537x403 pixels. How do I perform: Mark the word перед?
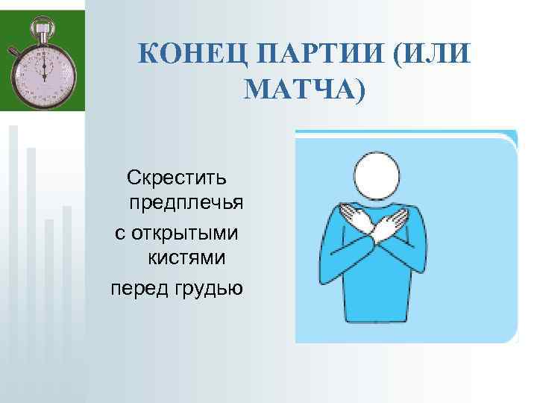coord(138,287)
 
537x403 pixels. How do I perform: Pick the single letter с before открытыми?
coord(118,233)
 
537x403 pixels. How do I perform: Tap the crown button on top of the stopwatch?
coord(43,29)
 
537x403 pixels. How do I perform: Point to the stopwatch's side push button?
coord(13,51)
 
